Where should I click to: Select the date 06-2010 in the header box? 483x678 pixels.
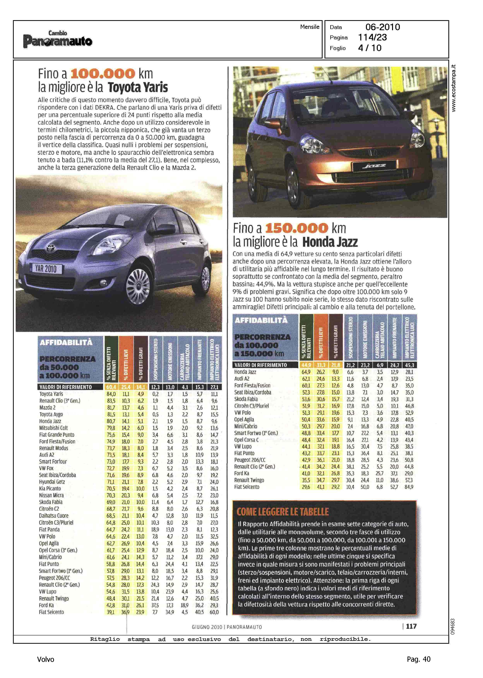point(383,27)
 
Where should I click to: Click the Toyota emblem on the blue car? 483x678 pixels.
point(49,248)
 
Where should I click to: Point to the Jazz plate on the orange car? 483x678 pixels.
point(374,166)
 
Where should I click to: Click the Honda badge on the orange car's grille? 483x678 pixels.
point(372,153)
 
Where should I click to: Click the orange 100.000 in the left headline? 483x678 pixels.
point(103,74)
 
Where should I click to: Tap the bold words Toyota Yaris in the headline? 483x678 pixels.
point(138,88)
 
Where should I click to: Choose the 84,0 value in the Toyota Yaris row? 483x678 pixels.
point(111,394)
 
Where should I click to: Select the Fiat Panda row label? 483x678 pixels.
point(49,529)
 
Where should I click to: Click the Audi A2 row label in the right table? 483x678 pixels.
point(242,378)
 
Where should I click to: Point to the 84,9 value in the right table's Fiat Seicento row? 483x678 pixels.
point(409,487)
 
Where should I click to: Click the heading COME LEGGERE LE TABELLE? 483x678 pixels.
point(283,512)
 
